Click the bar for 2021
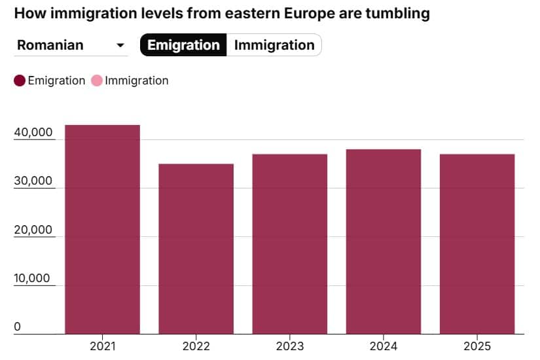[102, 229]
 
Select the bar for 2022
[196, 249]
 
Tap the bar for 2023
[289, 243]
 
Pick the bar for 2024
[383, 242]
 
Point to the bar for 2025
[477, 243]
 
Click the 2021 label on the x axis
[102, 346]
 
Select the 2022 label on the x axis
[196, 346]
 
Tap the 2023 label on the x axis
[289, 346]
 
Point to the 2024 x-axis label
[383, 346]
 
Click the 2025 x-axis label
[477, 346]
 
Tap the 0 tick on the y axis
[18, 327]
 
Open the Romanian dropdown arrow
[120, 45]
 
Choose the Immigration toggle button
[274, 45]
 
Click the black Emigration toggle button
[183, 45]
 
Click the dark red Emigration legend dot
[20, 81]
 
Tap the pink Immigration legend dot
[97, 81]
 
